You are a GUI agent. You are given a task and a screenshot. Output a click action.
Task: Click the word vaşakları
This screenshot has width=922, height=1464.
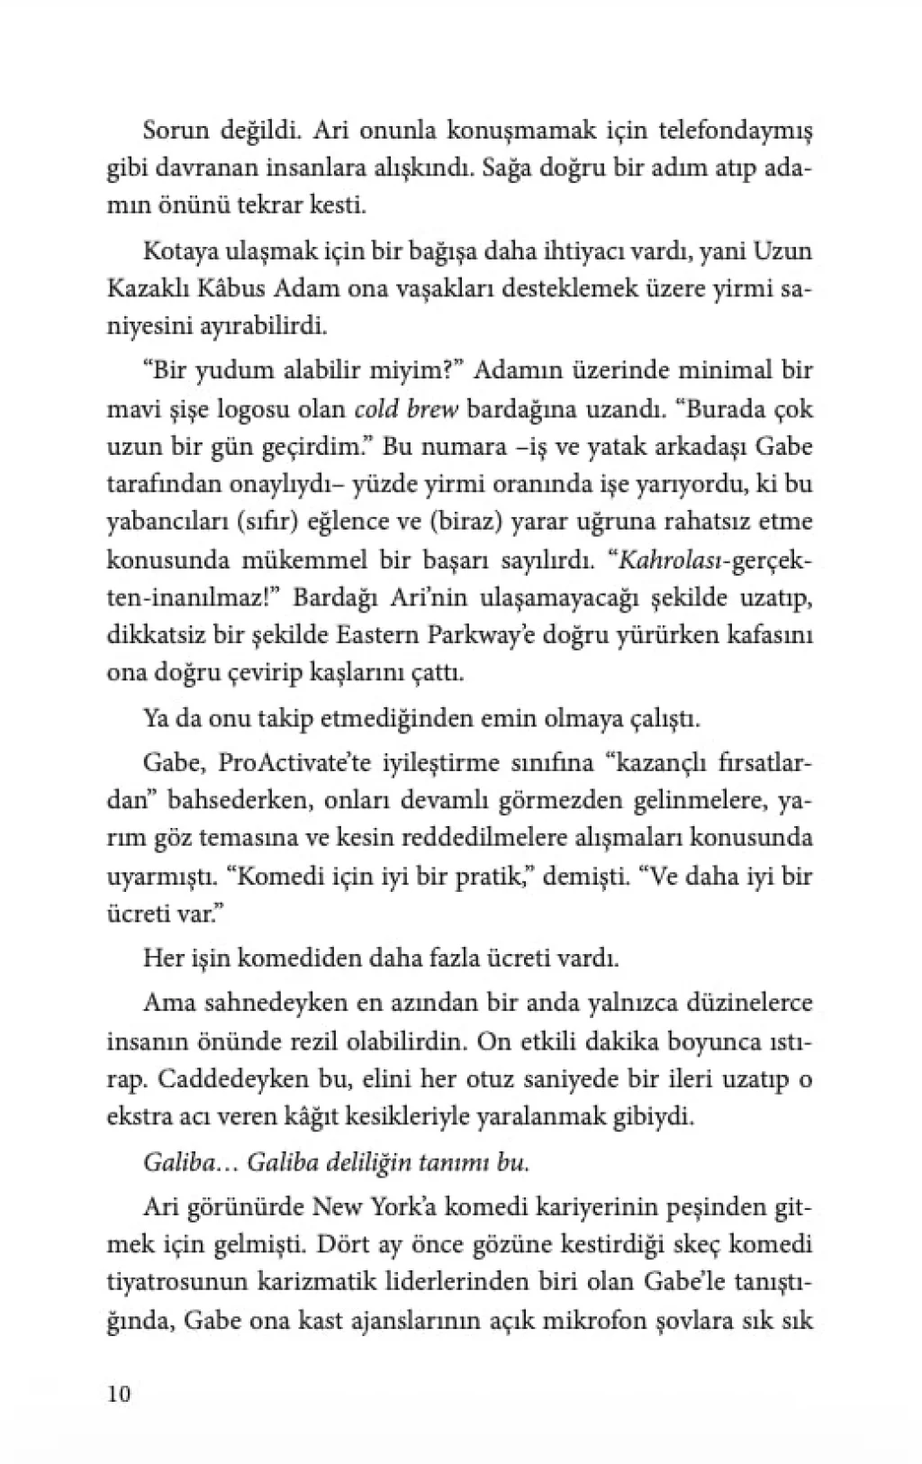(466, 288)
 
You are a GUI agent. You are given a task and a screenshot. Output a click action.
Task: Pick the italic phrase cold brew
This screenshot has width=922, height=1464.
(407, 409)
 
